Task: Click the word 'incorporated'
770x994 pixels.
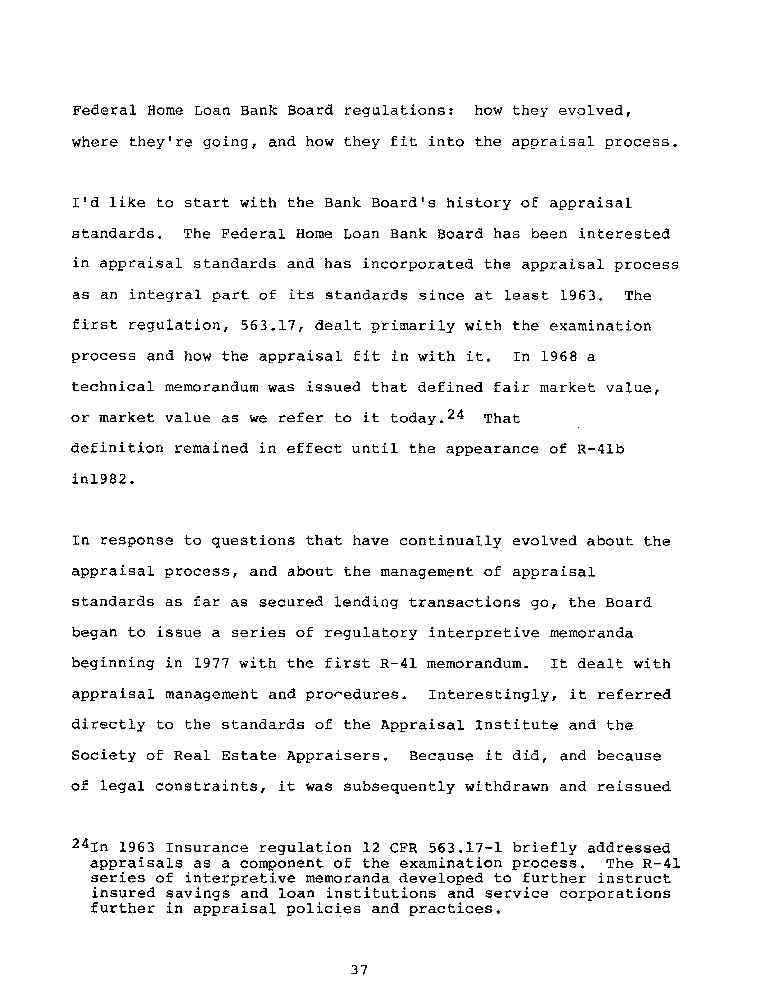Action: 418,264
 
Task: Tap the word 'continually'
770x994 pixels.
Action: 450,541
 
